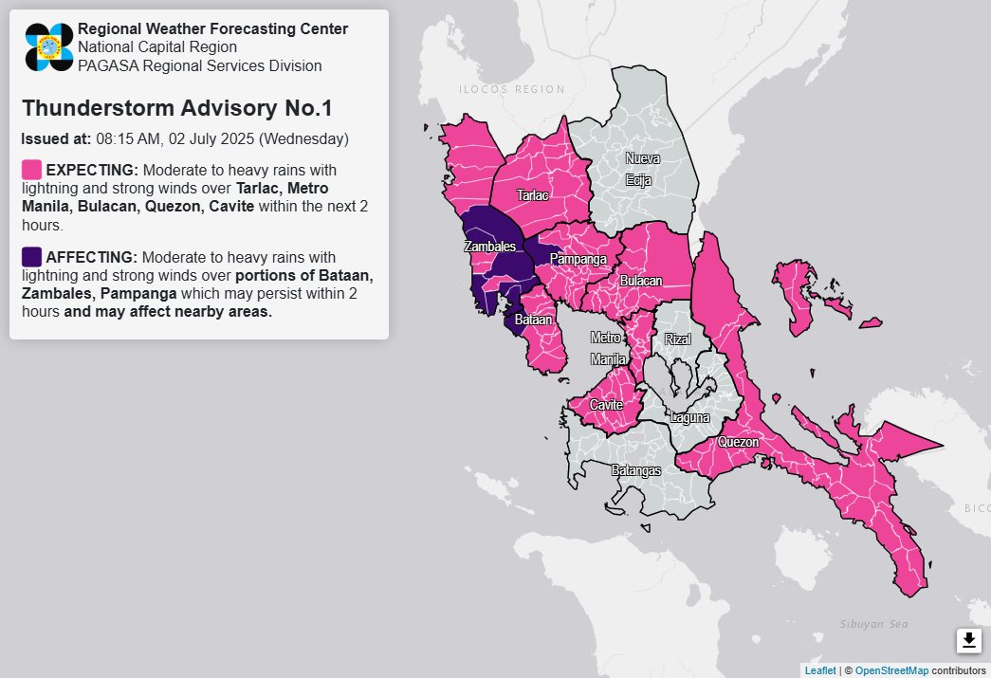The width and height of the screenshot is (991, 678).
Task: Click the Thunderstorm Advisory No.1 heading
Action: click(x=176, y=107)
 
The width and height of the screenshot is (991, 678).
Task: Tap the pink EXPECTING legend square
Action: click(x=31, y=170)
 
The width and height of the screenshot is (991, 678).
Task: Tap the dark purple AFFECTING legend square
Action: click(x=31, y=257)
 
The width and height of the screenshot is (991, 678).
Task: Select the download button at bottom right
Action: click(x=968, y=641)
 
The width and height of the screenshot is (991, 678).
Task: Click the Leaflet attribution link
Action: click(x=820, y=670)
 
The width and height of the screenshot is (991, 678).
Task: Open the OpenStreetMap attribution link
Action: click(x=891, y=670)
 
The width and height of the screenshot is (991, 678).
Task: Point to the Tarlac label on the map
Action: click(x=532, y=195)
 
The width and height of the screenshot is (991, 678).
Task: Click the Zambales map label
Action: click(x=489, y=247)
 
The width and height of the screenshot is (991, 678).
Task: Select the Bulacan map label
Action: click(x=641, y=281)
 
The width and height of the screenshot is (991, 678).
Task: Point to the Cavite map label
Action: click(x=606, y=405)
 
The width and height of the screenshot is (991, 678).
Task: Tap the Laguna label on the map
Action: click(x=688, y=416)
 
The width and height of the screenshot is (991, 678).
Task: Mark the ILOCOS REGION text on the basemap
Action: click(x=511, y=89)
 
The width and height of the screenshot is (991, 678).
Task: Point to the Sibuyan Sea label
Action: click(x=873, y=623)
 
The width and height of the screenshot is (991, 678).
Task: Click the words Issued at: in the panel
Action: click(x=56, y=138)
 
